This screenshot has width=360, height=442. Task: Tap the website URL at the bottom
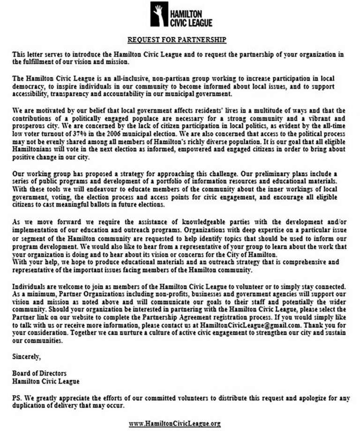click(175, 423)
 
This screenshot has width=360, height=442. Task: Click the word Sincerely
click(26, 357)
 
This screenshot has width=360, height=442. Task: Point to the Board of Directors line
click(39, 373)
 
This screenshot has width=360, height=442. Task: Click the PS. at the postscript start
click(17, 398)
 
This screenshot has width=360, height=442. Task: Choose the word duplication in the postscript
click(31, 405)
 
